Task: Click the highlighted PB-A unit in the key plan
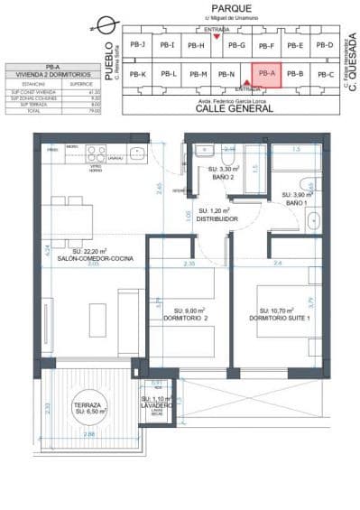tap(266, 74)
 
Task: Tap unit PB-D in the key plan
tap(326, 45)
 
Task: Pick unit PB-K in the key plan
tap(137, 74)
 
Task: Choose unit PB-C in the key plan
tap(326, 74)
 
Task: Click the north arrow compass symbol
tap(108, 23)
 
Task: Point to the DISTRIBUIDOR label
tap(217, 218)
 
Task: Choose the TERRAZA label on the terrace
tap(88, 405)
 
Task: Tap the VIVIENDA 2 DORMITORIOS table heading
tap(50, 74)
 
